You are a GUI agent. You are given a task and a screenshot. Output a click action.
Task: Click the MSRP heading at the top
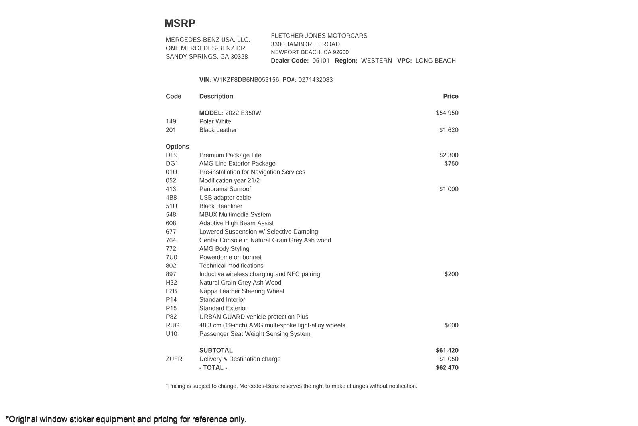(x=180, y=23)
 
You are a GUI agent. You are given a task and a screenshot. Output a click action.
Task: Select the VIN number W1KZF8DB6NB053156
(x=246, y=80)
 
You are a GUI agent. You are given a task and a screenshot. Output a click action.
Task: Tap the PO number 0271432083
(x=315, y=80)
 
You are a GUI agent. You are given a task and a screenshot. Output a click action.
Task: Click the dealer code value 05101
(x=321, y=61)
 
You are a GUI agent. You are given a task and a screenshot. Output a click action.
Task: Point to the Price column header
(x=451, y=96)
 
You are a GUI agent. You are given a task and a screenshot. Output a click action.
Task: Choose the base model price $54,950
(x=447, y=113)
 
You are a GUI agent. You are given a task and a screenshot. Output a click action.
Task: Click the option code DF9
(x=172, y=155)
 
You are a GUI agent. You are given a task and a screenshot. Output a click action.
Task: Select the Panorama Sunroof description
(x=225, y=189)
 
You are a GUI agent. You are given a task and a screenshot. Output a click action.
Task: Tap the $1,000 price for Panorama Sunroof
(x=449, y=189)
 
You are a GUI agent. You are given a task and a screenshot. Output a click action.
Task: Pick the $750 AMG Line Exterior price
(x=451, y=163)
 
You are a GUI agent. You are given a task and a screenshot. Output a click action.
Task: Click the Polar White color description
(x=215, y=121)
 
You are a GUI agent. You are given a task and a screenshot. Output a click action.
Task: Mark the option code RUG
(x=173, y=325)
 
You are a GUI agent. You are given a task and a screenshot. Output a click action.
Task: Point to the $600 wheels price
(x=451, y=325)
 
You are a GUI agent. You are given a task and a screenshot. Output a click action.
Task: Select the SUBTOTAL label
(x=216, y=350)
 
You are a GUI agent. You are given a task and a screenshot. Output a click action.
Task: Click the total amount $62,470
(x=447, y=367)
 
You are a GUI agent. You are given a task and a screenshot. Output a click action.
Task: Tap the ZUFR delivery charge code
(x=174, y=359)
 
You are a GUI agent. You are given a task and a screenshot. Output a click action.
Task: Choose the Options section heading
(x=177, y=146)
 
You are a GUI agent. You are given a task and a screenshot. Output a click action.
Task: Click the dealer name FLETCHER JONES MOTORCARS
(x=319, y=36)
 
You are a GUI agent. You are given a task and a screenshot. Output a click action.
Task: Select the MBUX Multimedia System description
(x=235, y=214)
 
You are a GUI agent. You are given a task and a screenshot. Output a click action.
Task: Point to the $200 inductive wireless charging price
(x=451, y=274)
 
